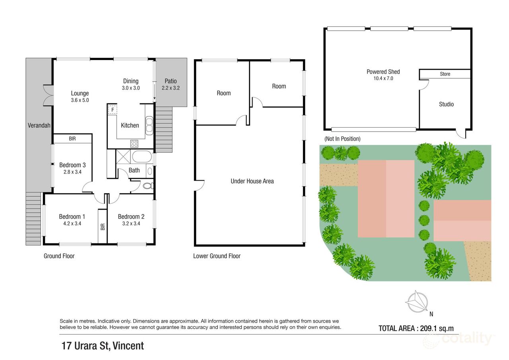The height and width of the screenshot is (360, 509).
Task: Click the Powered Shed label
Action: click(383, 72)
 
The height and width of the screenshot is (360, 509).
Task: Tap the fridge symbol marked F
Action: click(113, 109)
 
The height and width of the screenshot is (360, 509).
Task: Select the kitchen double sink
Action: click(149, 125)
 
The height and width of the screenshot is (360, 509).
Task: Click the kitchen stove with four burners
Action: click(134, 144)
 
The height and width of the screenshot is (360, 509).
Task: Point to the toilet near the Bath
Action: click(147, 186)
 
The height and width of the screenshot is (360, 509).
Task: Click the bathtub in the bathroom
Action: click(142, 157)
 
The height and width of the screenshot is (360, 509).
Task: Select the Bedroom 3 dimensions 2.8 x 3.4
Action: click(73, 172)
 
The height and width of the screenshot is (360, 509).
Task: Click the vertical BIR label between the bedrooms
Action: click(103, 227)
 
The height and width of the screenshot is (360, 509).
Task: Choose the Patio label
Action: click(171, 81)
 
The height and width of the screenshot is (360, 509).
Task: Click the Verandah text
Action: click(39, 126)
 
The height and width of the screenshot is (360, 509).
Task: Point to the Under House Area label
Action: click(252, 181)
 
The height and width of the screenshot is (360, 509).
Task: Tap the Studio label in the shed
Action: click(446, 104)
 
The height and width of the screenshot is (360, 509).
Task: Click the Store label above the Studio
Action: click(445, 74)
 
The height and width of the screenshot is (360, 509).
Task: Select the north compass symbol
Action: click(416, 302)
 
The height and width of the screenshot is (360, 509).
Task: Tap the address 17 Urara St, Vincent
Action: click(102, 346)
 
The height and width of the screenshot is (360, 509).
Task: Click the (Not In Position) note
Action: click(342, 139)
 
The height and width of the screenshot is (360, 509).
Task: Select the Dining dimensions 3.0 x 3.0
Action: click(130, 88)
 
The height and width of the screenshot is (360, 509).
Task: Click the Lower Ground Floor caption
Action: click(217, 256)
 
